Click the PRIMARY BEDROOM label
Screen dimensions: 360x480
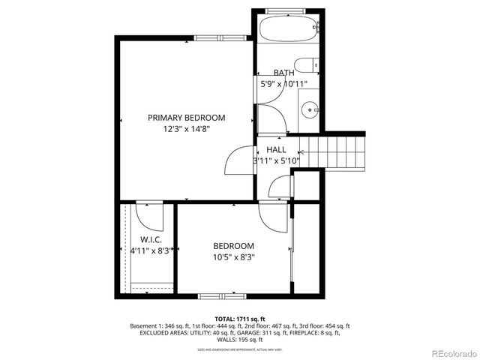pos(186,118)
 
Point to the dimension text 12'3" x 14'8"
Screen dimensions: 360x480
pos(186,129)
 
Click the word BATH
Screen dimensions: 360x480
pos(283,73)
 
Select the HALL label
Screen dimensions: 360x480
pos(276,150)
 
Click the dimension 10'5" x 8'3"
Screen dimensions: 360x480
pos(233,256)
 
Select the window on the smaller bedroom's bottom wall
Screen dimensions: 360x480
pos(222,296)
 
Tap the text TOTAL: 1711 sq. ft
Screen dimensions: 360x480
pos(240,319)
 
